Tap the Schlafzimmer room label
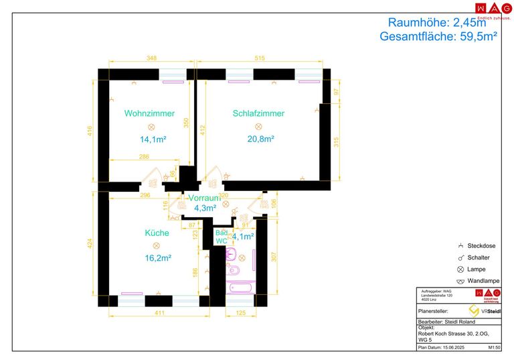click(x=258, y=113)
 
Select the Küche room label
click(x=157, y=233)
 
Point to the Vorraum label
click(x=204, y=198)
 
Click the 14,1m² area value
click(x=153, y=139)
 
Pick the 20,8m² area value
click(x=260, y=139)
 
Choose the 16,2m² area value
click(x=158, y=257)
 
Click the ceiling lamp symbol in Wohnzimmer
click(x=151, y=127)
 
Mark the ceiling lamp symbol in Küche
click(x=157, y=245)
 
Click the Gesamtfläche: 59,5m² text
click(x=438, y=37)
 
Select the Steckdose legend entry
click(x=481, y=246)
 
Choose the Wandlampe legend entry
click(x=482, y=280)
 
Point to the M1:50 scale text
click(x=495, y=348)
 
